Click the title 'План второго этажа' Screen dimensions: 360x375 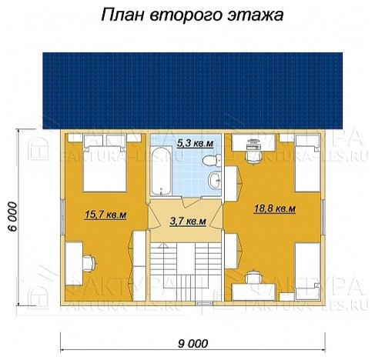[x=186, y=15]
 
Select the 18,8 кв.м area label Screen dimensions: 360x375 [x=274, y=208]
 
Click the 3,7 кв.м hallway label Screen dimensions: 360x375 [x=187, y=222]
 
